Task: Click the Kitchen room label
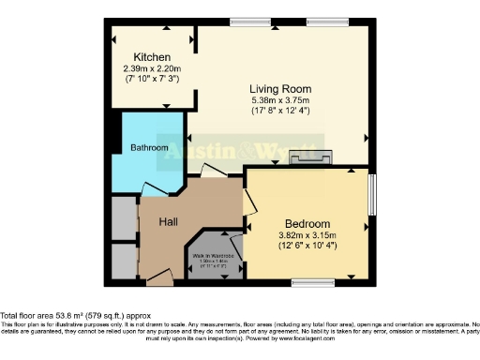[151, 56]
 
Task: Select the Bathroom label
[149, 148]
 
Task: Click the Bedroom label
[307, 222]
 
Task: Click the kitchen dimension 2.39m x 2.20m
[151, 69]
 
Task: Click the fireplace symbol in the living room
[307, 157]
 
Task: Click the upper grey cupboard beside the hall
[124, 217]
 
